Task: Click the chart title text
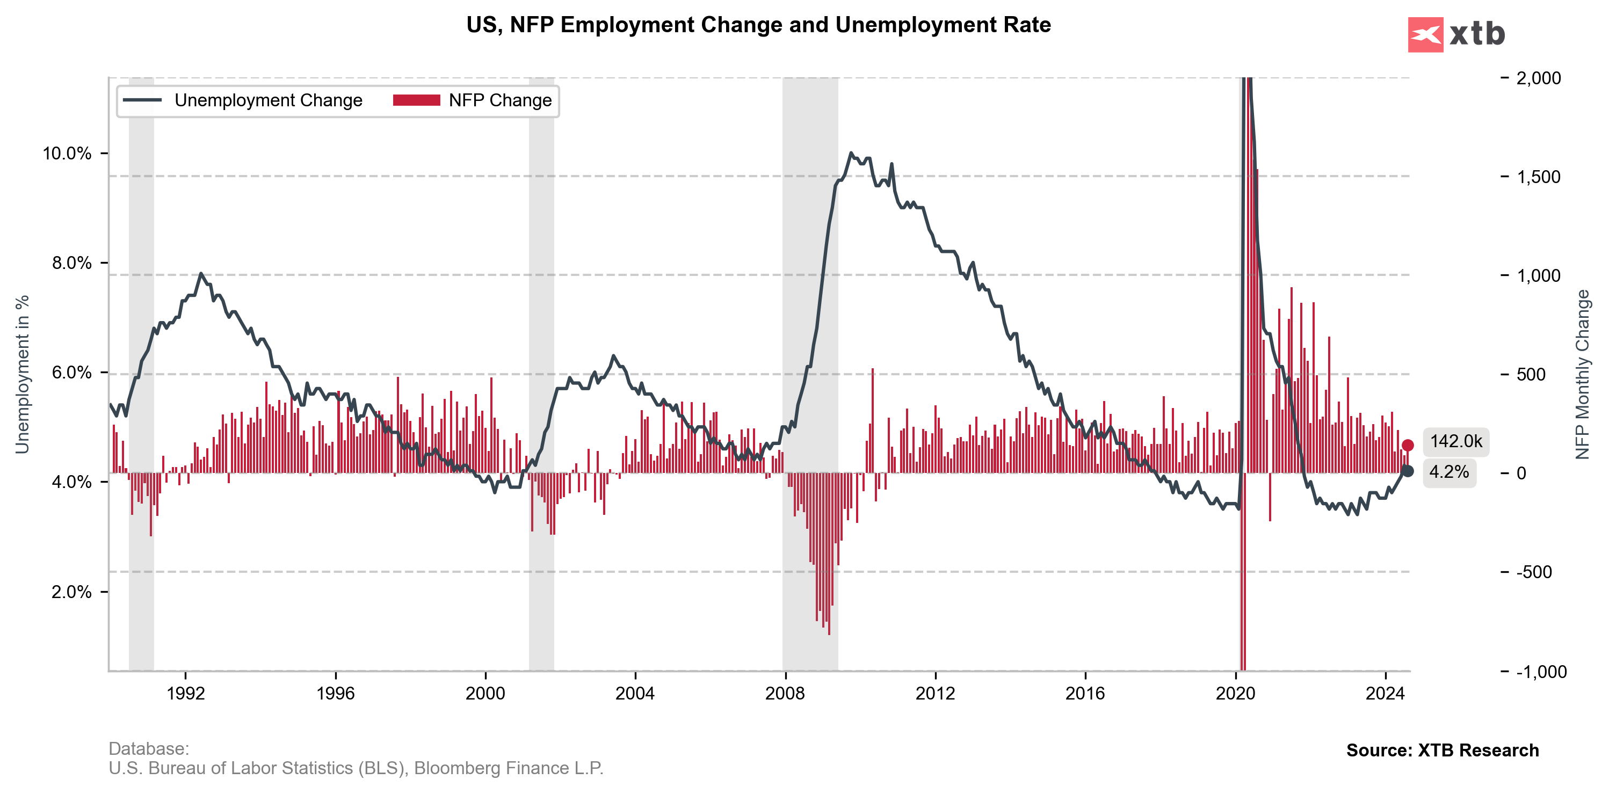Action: coord(758,25)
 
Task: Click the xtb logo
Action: coord(1456,34)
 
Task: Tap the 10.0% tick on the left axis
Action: coord(67,154)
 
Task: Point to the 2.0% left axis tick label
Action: coord(70,592)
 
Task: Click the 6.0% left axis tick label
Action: coord(70,373)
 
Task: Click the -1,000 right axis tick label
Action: coord(1541,672)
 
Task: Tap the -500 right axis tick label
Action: coord(1534,572)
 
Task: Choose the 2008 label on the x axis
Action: coord(785,694)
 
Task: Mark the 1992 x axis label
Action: coord(185,694)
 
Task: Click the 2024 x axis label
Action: coord(1385,694)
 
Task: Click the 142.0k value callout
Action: coord(1455,442)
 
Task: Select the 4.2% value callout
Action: coord(1449,472)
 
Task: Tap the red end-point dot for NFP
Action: coord(1407,445)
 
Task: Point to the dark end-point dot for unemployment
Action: coord(1407,471)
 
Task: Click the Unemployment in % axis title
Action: coord(23,375)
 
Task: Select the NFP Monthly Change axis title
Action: coord(1582,375)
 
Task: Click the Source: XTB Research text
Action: coord(1442,751)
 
